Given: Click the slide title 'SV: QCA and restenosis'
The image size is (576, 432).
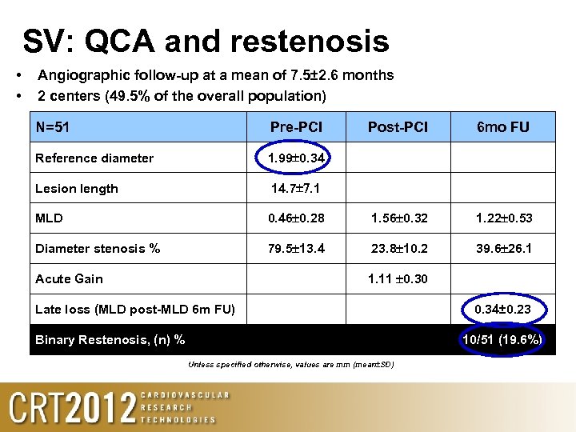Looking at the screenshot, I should tap(206, 42).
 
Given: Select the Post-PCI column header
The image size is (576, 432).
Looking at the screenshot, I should tap(398, 127).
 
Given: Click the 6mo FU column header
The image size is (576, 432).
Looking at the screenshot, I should tap(502, 127).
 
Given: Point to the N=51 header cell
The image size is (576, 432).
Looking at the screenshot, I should tap(58, 127).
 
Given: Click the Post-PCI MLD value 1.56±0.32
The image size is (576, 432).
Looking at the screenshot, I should tap(398, 218).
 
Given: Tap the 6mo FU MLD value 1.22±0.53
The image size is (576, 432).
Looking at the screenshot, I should tap(502, 218).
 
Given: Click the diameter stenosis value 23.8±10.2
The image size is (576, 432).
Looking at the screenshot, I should tap(398, 248).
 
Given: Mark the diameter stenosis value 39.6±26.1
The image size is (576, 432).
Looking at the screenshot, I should tap(502, 248).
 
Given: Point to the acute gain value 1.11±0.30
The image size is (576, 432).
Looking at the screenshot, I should tap(398, 278).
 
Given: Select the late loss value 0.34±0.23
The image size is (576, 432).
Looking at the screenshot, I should tap(502, 310).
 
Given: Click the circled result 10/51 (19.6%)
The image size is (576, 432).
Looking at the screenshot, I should tap(502, 340).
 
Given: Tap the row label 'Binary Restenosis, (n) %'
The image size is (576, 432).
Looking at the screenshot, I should tap(110, 340).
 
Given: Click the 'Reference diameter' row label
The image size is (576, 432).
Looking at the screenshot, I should tap(94, 158).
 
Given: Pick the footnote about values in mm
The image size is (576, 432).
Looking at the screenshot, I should tap(290, 365).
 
